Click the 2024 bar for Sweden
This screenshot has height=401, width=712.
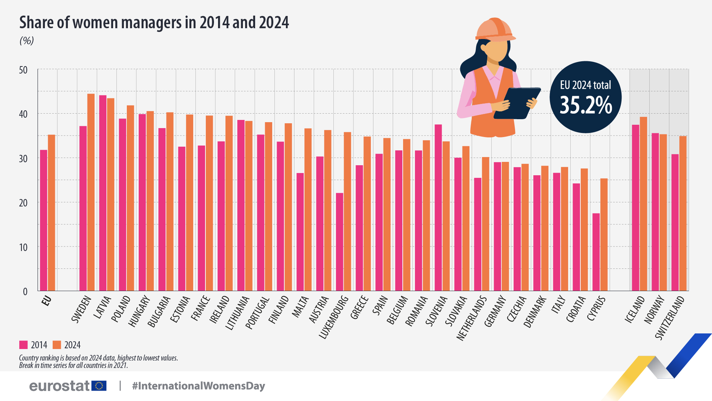[91, 193]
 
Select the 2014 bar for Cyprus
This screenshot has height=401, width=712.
[596, 252]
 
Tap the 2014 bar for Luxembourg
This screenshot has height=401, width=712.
[339, 241]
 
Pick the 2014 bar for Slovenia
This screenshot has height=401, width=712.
[438, 208]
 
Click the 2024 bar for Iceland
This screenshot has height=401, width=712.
[643, 204]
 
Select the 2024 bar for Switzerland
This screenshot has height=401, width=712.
[683, 213]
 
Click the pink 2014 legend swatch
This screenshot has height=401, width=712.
[23, 345]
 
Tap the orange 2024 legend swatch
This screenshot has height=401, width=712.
[57, 345]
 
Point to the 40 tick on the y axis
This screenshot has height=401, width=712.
[23, 114]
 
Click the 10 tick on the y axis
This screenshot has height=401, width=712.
[23, 247]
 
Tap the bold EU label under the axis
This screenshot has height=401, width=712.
[46, 301]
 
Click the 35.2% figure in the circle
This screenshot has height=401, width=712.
[586, 105]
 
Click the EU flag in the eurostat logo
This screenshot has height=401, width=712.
[99, 386]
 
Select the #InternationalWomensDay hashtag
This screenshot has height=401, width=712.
[198, 386]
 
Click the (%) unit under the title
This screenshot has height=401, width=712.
[27, 40]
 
